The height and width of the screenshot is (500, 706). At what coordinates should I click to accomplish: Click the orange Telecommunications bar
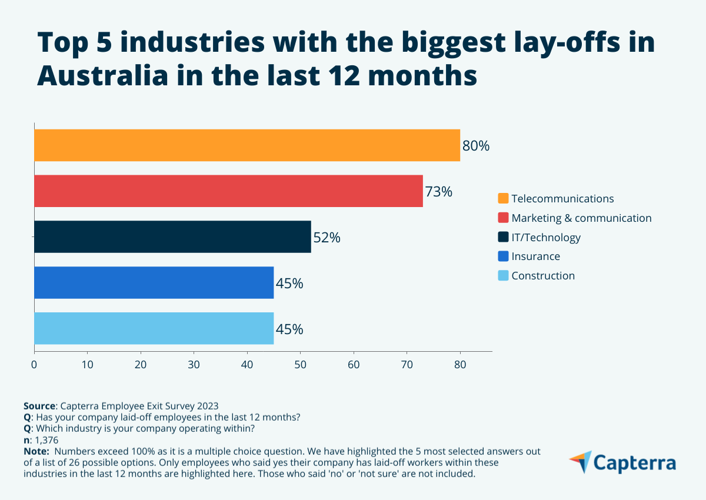(x=247, y=145)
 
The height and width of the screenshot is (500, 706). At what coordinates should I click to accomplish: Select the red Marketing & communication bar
(x=228, y=191)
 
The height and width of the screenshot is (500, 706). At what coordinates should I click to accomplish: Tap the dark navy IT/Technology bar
(x=172, y=237)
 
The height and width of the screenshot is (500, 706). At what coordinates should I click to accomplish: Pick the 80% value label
(x=476, y=146)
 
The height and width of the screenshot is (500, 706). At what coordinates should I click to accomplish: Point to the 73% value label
(x=439, y=192)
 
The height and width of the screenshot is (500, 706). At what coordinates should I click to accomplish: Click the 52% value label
(x=327, y=238)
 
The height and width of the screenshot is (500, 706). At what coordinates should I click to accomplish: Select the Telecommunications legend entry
(x=562, y=199)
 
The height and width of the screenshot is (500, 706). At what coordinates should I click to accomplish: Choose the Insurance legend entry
(x=535, y=256)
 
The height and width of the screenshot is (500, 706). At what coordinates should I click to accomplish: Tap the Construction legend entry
(x=543, y=276)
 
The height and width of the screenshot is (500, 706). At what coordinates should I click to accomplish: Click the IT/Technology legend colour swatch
(x=503, y=237)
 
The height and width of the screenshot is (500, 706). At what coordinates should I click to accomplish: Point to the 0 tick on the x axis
(x=34, y=365)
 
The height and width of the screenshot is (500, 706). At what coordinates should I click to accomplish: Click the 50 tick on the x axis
(x=300, y=365)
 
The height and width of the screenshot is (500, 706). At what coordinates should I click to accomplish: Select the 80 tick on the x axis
(x=460, y=365)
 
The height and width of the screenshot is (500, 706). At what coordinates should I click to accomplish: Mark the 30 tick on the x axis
(x=194, y=365)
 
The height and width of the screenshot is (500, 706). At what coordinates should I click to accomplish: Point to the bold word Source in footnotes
(x=39, y=406)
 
